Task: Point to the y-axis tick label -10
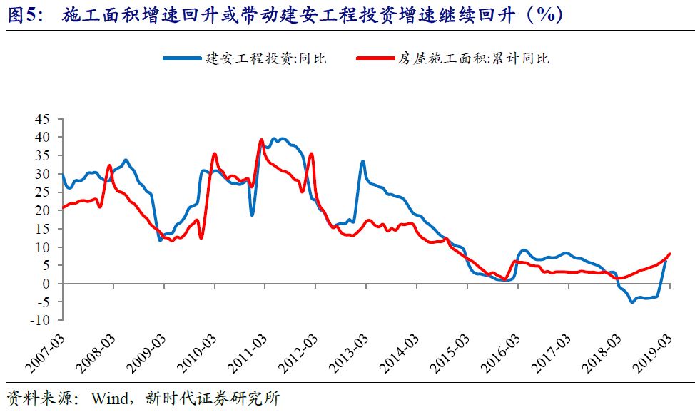pyautogui.click(x=43, y=321)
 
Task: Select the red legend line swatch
pyautogui.click(x=374, y=58)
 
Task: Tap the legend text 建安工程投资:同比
pyautogui.click(x=265, y=58)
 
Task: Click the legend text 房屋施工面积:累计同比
pyautogui.click(x=474, y=58)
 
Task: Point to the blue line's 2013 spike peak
pyautogui.click(x=362, y=161)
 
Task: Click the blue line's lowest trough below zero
pyautogui.click(x=632, y=302)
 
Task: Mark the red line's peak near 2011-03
pyautogui.click(x=261, y=140)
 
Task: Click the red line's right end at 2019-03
pyautogui.click(x=669, y=254)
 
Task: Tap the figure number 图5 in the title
pyautogui.click(x=22, y=14)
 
